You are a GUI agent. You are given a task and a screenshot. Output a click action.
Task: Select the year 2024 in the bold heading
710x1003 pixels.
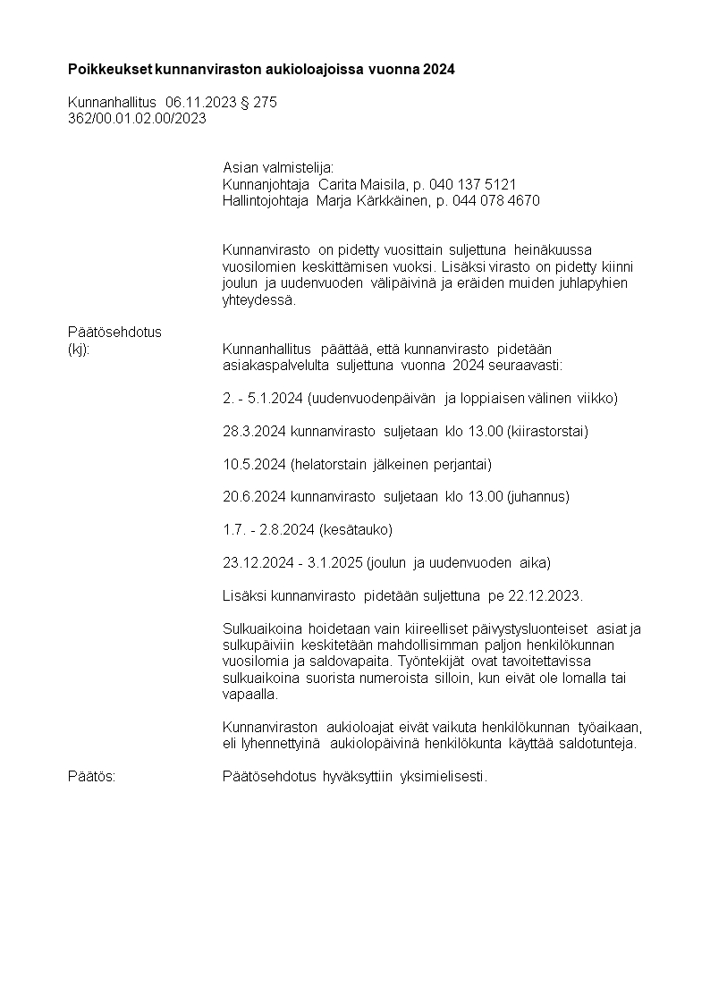point(439,69)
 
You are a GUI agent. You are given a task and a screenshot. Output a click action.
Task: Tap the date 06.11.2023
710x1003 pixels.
point(201,103)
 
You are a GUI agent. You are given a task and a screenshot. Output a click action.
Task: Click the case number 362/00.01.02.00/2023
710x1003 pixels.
point(138,118)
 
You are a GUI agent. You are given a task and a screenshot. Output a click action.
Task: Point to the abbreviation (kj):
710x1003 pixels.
point(80,349)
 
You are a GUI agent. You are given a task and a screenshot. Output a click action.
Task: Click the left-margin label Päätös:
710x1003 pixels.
point(92,777)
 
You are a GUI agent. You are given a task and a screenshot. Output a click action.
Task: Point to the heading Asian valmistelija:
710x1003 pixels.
point(278,167)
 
